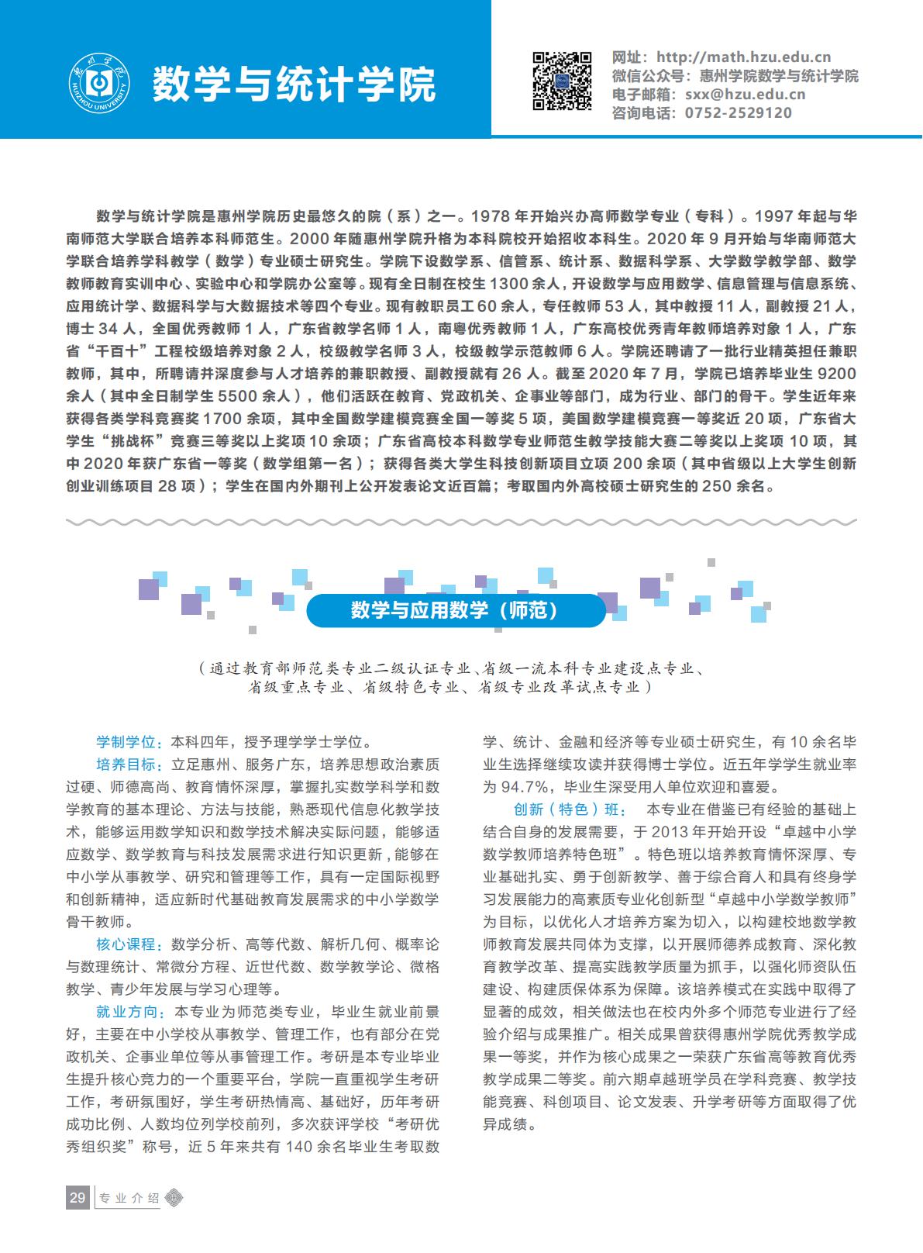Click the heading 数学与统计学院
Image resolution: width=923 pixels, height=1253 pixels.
coord(294,85)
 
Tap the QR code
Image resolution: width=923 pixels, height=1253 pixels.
coord(562,81)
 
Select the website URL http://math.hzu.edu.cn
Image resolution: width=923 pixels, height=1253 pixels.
coord(743,57)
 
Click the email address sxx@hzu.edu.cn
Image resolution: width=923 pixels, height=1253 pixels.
coord(745,95)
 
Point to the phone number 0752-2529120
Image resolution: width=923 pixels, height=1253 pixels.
coord(738,113)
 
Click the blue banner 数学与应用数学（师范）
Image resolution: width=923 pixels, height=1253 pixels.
coord(456,611)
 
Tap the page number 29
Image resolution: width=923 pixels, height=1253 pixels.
coord(77,1198)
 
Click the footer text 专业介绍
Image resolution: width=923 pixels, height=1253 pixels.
coord(128,1199)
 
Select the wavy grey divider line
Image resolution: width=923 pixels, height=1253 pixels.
coord(461,522)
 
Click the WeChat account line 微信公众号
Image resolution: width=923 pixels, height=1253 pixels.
coord(735,76)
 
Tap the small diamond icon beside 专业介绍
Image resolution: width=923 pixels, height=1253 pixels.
coord(176,1199)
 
